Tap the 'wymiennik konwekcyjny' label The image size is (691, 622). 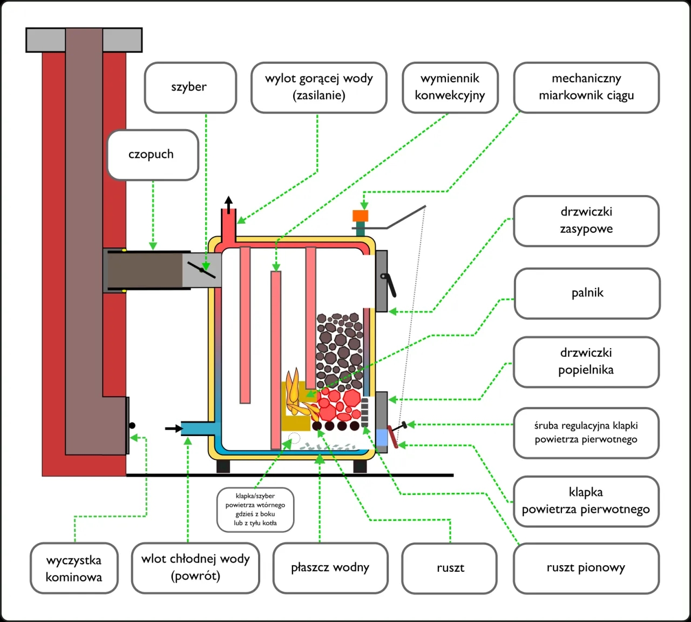coord(450,88)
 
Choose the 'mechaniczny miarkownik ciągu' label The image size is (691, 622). coord(586,88)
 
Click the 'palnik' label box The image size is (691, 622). coord(587,293)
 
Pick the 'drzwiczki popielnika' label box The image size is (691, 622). coord(586,362)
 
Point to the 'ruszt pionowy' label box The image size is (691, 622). coord(586,568)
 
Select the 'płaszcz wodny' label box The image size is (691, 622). coord(330,568)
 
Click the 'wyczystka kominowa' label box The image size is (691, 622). coord(74,569)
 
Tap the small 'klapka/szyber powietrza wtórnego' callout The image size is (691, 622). coord(255,509)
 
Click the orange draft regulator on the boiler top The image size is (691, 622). coord(360,216)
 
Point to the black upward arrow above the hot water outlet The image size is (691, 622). coord(229,204)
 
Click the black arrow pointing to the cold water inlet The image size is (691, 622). coord(173,429)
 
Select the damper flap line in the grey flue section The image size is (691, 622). coord(201,269)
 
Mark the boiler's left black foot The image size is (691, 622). coord(223,466)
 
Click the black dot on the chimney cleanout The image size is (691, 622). coord(132,426)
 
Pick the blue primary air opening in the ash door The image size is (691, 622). coord(382,437)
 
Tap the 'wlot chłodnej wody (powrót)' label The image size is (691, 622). coord(195,567)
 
